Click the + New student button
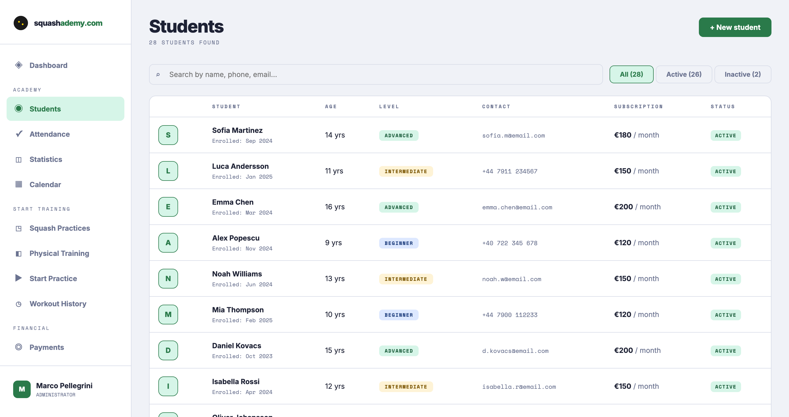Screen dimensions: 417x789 click(734, 27)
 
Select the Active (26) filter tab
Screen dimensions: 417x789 click(683, 75)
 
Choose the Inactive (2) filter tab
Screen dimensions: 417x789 click(742, 75)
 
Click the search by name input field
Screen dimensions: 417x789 click(376, 75)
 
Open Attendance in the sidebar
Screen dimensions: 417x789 click(49, 134)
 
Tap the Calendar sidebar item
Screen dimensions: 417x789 click(45, 184)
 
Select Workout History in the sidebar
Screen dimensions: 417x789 click(58, 304)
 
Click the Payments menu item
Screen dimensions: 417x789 click(47, 347)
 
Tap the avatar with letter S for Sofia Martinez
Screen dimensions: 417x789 click(168, 135)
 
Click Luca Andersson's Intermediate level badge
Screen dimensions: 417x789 click(405, 171)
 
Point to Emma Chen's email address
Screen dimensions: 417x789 click(517, 207)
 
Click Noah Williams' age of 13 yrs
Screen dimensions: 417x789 click(335, 279)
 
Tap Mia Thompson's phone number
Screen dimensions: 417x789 click(509, 315)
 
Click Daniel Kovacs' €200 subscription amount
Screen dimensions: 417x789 click(623, 350)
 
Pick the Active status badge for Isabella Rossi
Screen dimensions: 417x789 click(725, 387)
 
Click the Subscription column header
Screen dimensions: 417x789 click(638, 107)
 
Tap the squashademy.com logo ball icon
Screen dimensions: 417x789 click(21, 23)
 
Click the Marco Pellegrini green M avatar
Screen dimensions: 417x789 click(22, 389)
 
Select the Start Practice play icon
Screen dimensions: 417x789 click(18, 278)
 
